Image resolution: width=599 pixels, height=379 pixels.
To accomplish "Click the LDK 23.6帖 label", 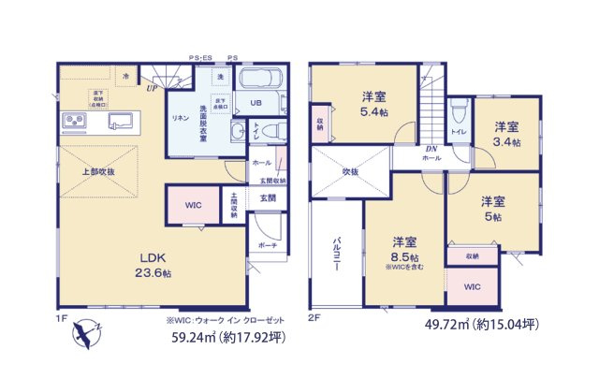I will tap(153, 265).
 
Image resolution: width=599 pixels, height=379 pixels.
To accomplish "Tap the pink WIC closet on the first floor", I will tap(193, 204).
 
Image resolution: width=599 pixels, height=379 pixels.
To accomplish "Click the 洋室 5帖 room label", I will tap(493, 209).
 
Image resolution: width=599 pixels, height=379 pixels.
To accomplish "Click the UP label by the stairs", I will tap(150, 89).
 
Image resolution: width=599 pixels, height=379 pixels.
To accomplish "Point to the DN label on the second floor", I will tap(431, 149).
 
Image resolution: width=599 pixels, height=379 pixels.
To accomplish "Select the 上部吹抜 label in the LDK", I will tap(97, 171).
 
